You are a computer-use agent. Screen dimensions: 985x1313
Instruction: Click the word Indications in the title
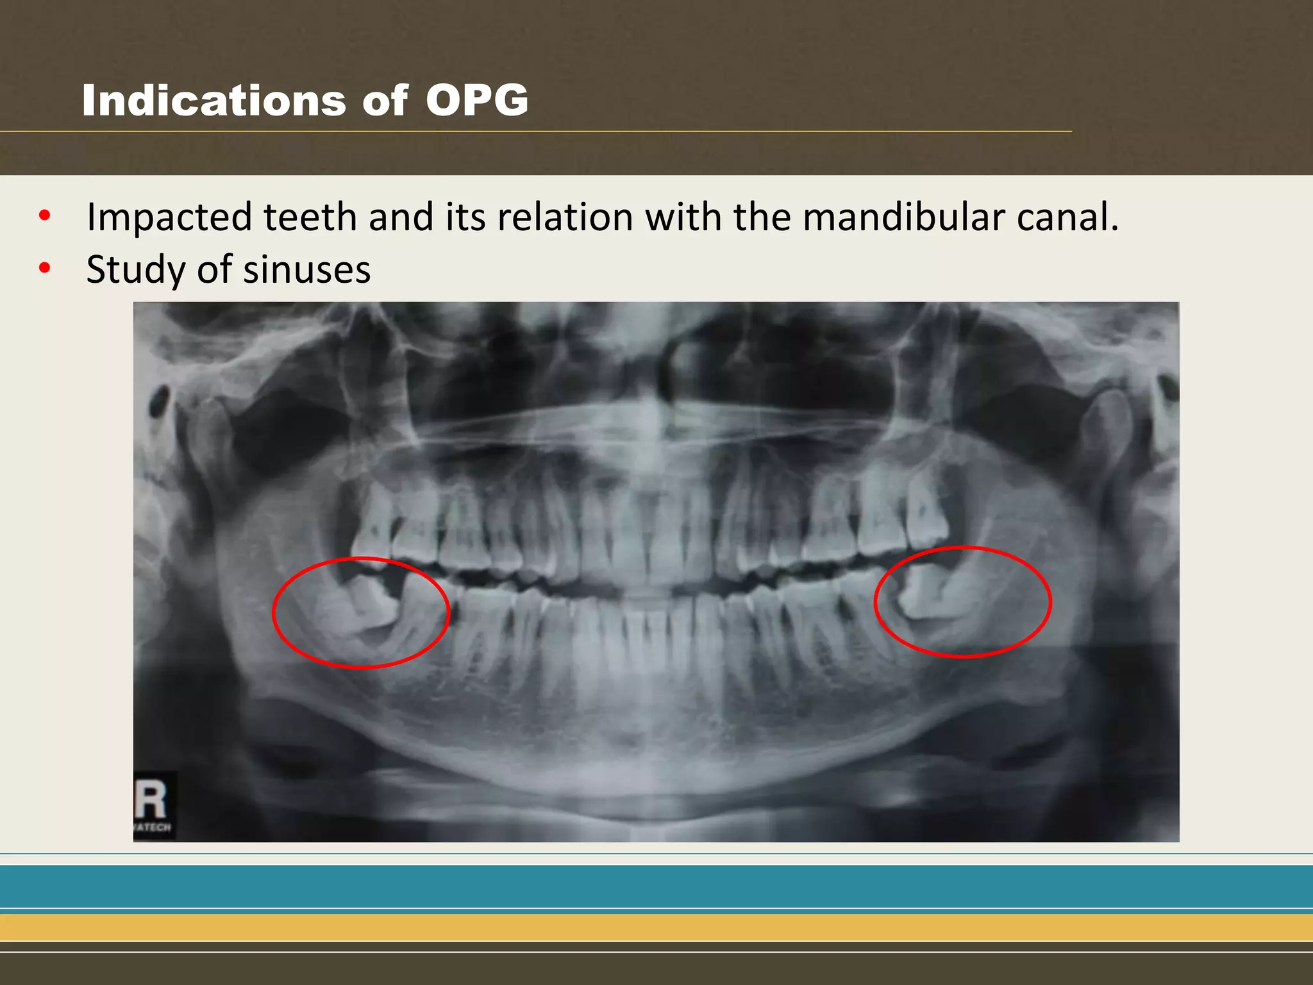click(213, 101)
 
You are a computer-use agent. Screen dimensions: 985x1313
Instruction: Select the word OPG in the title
click(476, 101)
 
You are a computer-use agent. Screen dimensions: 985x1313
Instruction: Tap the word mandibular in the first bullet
click(903, 217)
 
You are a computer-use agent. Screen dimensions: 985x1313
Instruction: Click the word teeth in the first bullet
click(310, 217)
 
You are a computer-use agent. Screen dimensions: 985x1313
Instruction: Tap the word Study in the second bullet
click(136, 270)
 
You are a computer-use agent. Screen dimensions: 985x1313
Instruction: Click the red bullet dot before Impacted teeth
click(44, 215)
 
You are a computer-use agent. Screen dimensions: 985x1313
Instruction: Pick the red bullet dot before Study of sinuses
click(44, 268)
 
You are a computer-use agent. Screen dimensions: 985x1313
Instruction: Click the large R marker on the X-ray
click(151, 799)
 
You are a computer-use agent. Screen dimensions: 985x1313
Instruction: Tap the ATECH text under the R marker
click(153, 827)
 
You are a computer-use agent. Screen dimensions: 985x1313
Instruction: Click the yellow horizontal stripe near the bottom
click(656, 927)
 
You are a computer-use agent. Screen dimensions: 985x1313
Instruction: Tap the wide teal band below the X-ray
click(656, 886)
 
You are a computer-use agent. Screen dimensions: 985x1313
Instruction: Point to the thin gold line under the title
click(536, 131)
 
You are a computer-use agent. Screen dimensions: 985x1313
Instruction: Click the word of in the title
click(385, 101)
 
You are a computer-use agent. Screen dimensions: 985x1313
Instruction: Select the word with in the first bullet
click(683, 217)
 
